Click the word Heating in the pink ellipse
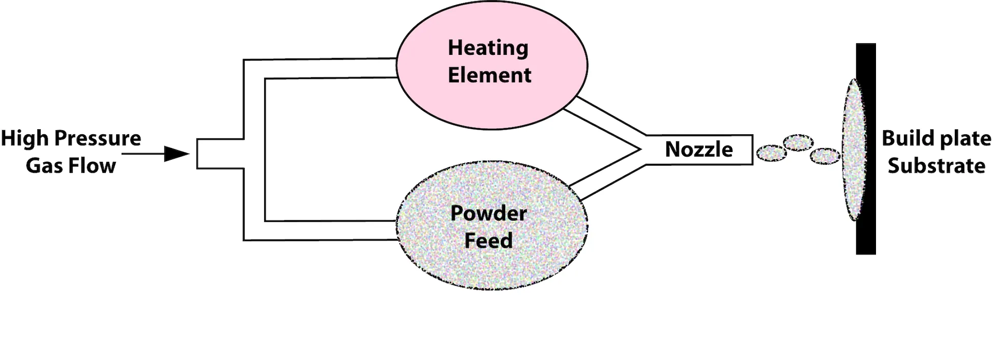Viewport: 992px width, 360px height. (488, 48)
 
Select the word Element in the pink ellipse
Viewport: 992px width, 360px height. (489, 75)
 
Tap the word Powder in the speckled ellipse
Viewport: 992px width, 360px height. (488, 213)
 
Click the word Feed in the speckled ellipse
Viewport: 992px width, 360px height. (488, 240)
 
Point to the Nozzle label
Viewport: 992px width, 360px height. (699, 149)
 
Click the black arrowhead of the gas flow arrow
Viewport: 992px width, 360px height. (176, 154)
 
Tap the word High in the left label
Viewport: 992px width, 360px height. (24, 138)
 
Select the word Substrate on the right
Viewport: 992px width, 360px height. (936, 166)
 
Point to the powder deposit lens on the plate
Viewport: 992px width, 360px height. (854, 149)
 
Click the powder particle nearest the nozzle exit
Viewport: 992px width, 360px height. (772, 153)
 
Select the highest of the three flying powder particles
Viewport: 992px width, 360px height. (798, 142)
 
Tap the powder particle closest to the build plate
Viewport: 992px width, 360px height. (825, 156)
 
